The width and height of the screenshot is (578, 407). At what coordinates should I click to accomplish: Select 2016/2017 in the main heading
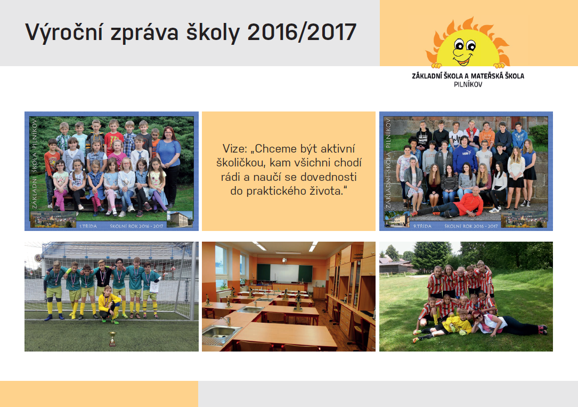[302, 31]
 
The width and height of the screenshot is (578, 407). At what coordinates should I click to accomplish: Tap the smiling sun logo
[468, 43]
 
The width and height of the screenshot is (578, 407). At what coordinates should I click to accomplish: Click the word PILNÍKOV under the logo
[468, 84]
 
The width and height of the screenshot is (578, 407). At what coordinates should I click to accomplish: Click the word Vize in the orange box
[234, 149]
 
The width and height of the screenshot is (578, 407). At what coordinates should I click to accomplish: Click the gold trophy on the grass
[112, 339]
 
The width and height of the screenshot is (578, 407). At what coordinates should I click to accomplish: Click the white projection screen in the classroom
[284, 273]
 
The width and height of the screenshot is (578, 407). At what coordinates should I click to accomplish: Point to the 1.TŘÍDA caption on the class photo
[88, 226]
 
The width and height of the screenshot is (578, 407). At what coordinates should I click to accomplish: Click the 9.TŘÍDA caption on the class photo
[422, 226]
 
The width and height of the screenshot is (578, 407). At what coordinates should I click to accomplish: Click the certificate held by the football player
[154, 286]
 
